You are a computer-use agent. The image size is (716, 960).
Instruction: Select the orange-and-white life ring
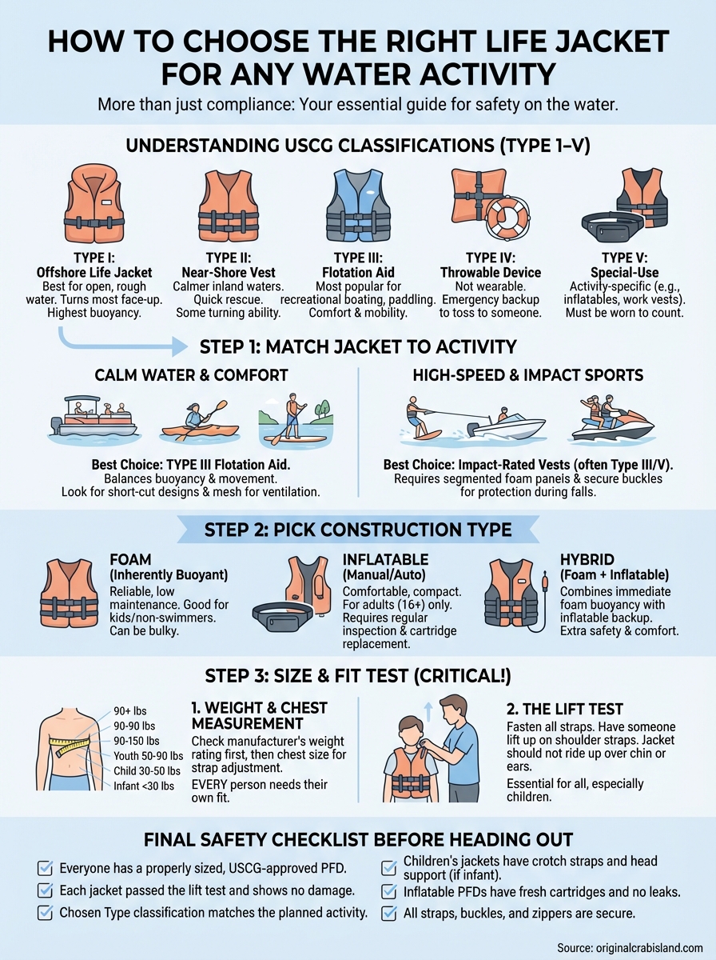[x=509, y=217]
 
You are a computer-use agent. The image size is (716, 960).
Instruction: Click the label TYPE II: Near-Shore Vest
[x=229, y=265]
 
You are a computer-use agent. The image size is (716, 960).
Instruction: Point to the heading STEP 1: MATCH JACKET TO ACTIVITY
[x=357, y=346]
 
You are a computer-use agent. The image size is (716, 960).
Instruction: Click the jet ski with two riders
[x=611, y=418]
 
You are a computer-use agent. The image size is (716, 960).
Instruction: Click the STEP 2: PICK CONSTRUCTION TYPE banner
[x=357, y=529]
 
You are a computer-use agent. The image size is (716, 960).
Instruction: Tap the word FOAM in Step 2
[x=129, y=560]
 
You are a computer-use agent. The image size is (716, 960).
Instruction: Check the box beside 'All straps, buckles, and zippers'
[x=389, y=913]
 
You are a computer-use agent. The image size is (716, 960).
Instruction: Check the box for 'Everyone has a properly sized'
[x=46, y=868]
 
